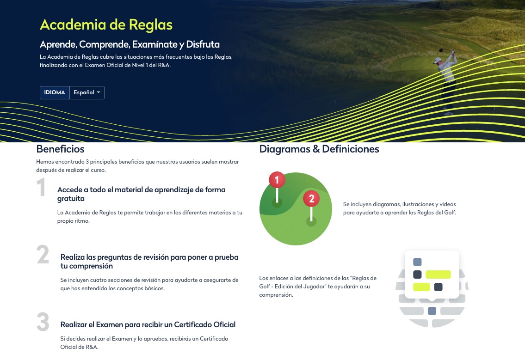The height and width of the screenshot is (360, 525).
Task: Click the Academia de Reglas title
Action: click(106, 24)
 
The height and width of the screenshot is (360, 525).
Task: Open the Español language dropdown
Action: click(86, 92)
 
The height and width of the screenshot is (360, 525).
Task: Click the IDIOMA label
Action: click(55, 92)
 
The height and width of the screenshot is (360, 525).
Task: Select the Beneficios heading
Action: click(60, 149)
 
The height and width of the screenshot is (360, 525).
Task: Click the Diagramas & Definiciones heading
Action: click(319, 149)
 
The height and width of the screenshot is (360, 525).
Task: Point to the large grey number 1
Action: click(42, 188)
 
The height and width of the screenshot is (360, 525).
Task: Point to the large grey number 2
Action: click(43, 255)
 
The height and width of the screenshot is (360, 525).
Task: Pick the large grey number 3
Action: click(43, 323)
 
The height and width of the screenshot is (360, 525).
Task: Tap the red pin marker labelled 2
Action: click(311, 199)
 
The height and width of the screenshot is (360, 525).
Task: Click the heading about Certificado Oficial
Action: click(148, 324)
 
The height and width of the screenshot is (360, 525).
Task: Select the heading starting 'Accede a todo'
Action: click(141, 189)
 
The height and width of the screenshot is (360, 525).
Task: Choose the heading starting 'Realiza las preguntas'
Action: click(149, 257)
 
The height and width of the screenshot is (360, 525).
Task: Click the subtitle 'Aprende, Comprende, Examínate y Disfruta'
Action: click(130, 45)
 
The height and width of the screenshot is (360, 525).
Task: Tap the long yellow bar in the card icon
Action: click(438, 275)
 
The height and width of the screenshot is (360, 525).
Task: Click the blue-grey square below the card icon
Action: click(432, 311)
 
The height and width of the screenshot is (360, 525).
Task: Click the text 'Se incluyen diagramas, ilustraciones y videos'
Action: click(400, 204)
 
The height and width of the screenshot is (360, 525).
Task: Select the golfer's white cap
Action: click(437, 60)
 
